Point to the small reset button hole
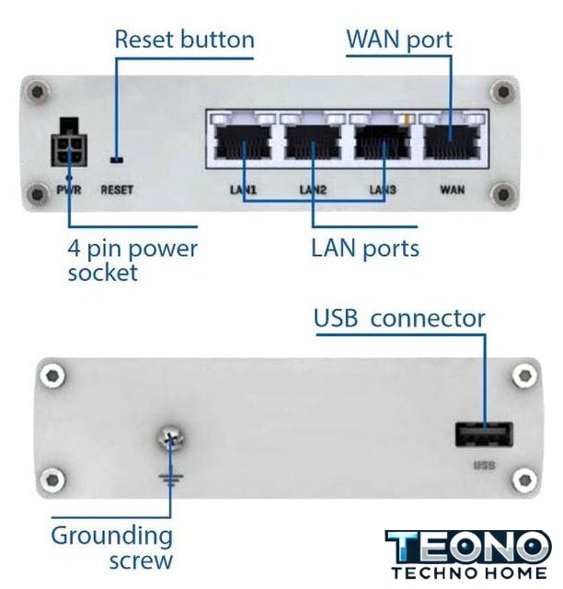(115, 157)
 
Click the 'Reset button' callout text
(184, 40)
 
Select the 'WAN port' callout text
(399, 40)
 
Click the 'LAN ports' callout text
(364, 248)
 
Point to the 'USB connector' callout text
(399, 318)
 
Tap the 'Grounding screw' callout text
(111, 547)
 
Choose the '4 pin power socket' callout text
(132, 260)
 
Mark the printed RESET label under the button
(117, 190)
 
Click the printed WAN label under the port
(453, 190)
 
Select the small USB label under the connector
(484, 466)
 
